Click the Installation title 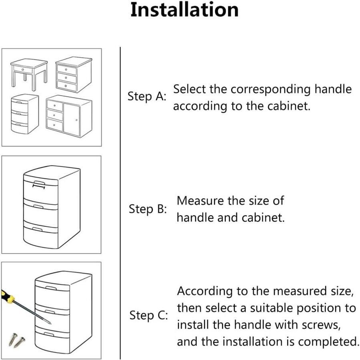[185, 10]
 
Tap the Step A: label [147, 97]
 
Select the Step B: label [147, 209]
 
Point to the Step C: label [148, 315]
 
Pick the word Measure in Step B [200, 201]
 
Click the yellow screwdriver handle [8, 297]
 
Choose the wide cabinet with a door [69, 116]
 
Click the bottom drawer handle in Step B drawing [38, 230]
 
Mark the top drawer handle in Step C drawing [51, 288]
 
